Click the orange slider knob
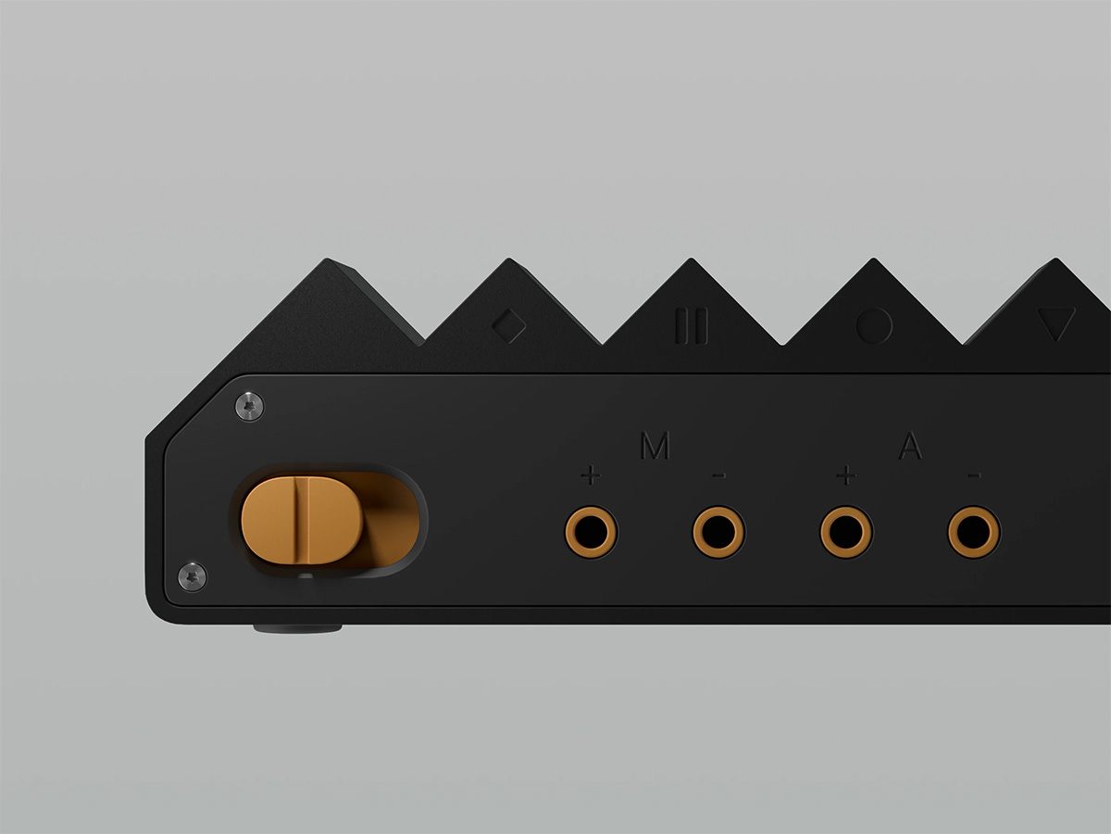(302, 520)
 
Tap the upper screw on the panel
(250, 406)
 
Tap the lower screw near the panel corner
(193, 576)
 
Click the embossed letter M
(655, 446)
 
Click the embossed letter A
(910, 446)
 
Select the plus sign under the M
(591, 475)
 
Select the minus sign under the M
(718, 475)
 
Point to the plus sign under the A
(846, 475)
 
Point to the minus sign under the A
(974, 475)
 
